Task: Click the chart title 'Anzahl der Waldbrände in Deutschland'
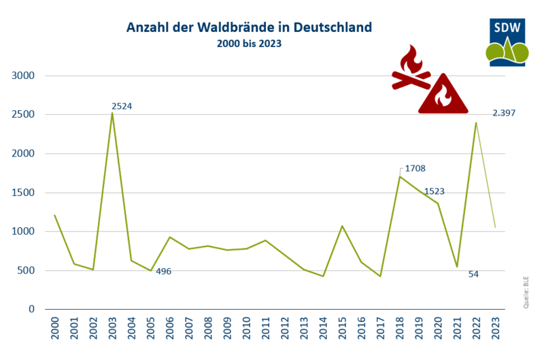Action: [x=249, y=28]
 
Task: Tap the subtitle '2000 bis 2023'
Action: [x=249, y=44]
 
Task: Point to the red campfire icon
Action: [x=410, y=68]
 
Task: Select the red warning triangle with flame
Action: [x=443, y=95]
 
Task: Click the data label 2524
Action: [x=122, y=106]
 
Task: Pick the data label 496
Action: [x=163, y=271]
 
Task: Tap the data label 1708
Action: [x=415, y=168]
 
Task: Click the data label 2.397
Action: [x=504, y=113]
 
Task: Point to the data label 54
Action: [x=474, y=274]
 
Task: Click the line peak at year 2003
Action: [x=112, y=113]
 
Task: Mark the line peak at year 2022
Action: [x=476, y=122]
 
